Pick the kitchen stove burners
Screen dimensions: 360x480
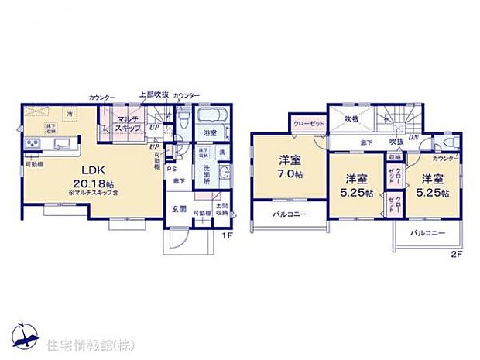click(34, 144)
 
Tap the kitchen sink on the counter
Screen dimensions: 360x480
click(63, 144)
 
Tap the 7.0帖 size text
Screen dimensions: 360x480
click(290, 176)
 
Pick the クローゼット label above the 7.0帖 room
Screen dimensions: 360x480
click(308, 122)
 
